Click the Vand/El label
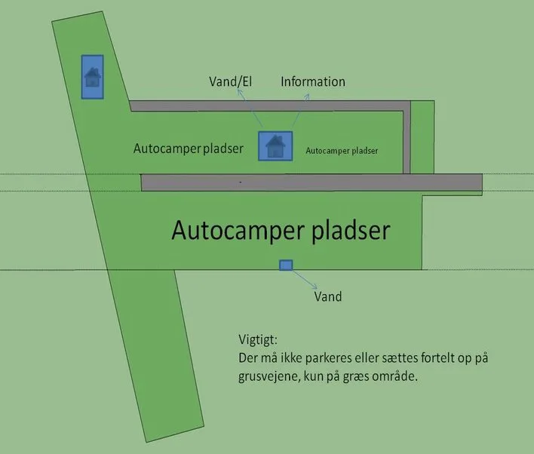231,81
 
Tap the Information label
313,81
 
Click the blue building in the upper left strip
92,77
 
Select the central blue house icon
275,146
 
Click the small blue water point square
286,265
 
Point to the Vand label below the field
328,296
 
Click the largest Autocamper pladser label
281,232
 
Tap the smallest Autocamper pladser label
342,151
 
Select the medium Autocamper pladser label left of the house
189,149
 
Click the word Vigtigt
258,340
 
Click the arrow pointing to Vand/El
250,109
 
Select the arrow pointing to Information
301,111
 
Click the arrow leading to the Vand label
305,280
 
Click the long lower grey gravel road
311,183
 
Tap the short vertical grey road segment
407,140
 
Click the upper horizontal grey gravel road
270,106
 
